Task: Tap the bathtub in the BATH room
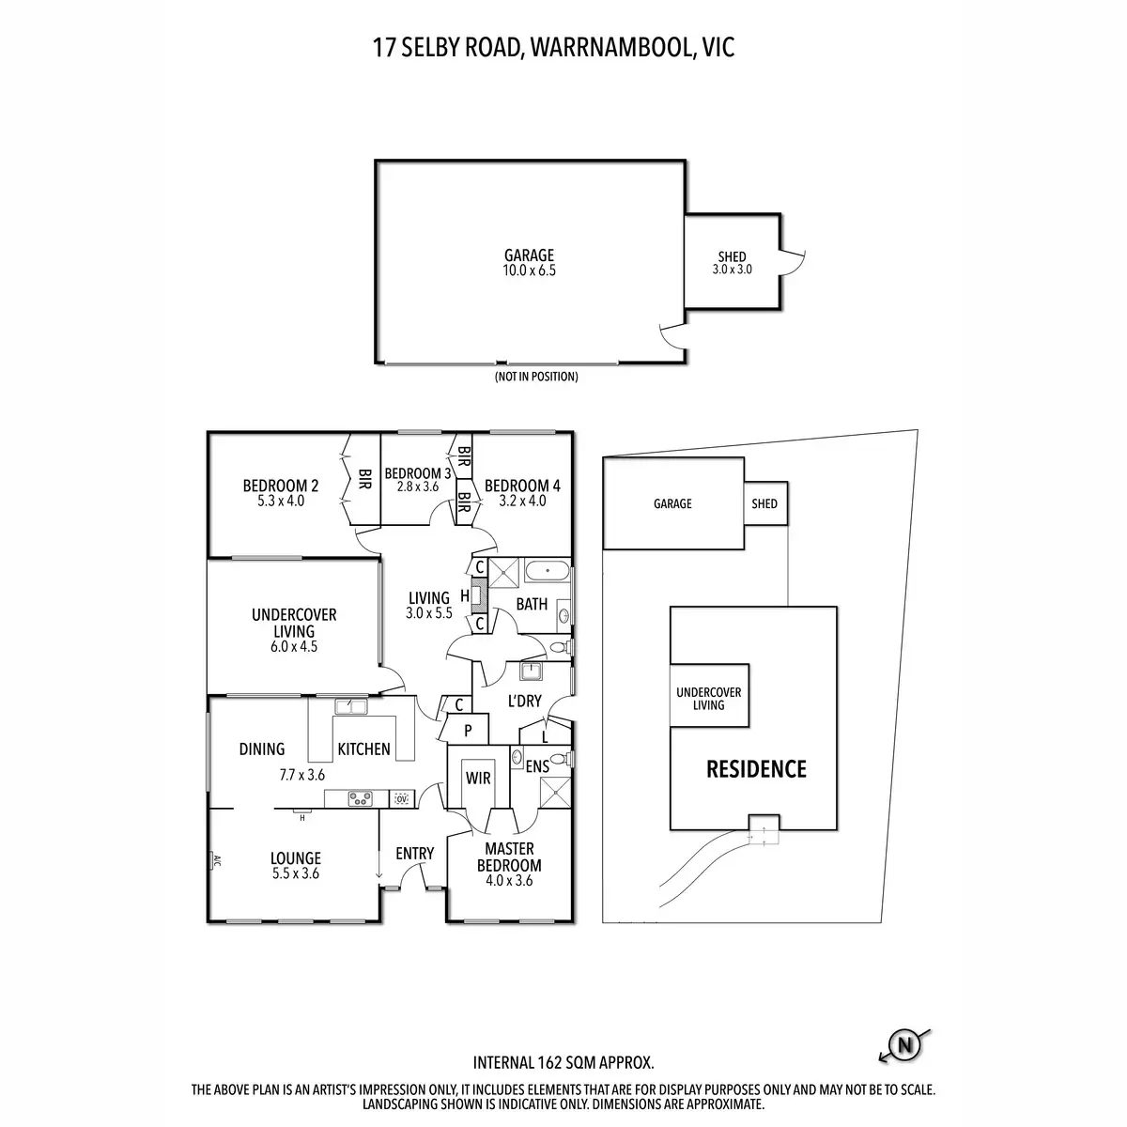click(x=547, y=570)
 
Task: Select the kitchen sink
click(x=351, y=706)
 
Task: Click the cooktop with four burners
click(x=361, y=798)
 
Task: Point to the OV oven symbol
click(x=401, y=798)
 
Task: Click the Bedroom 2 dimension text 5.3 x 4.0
click(x=281, y=501)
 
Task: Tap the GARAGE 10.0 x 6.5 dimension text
click(x=530, y=270)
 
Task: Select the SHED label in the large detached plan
click(x=733, y=256)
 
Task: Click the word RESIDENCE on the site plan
click(x=756, y=769)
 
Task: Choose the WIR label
click(x=478, y=779)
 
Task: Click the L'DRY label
click(x=525, y=701)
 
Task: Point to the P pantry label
click(x=468, y=731)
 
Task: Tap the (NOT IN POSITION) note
click(x=536, y=377)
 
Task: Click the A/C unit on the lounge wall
click(x=214, y=860)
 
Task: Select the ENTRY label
click(x=415, y=854)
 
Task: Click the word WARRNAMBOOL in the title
click(x=610, y=48)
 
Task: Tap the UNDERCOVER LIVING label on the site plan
click(x=709, y=699)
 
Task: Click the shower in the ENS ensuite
click(x=554, y=793)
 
